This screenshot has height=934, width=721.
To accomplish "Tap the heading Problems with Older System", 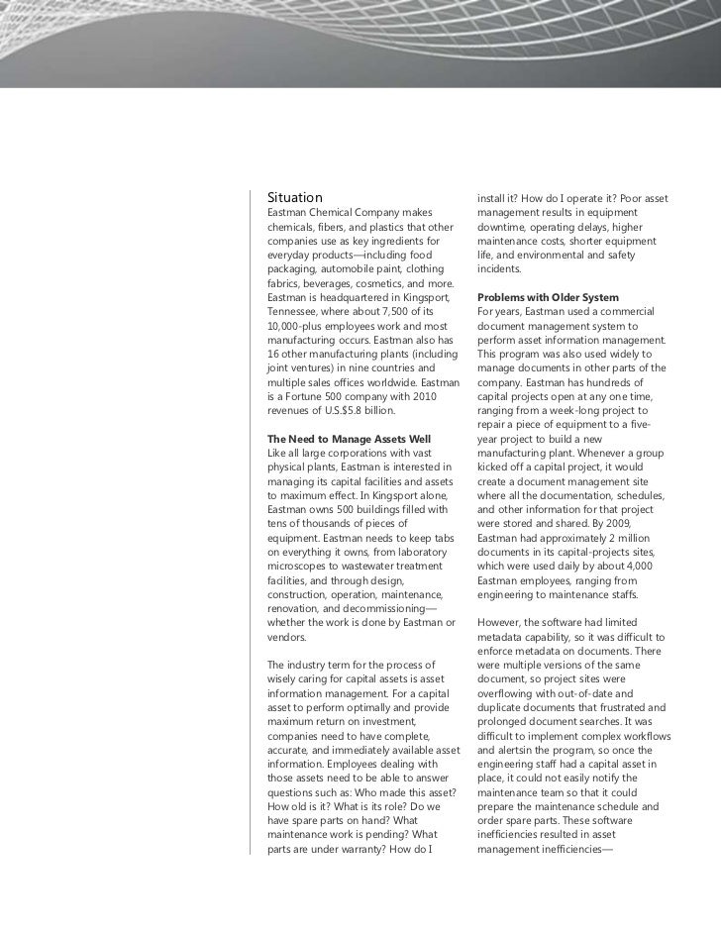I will tap(548, 297).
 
